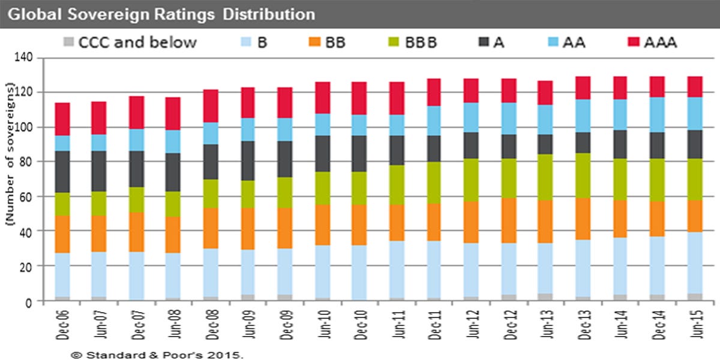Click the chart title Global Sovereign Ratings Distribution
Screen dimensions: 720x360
tap(161, 14)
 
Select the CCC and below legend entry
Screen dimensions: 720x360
tap(130, 42)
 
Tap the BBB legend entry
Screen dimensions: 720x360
tap(413, 42)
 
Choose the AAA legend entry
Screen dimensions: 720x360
tap(653, 42)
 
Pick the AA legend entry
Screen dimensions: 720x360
tap(566, 42)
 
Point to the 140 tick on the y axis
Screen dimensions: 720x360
tap(23, 58)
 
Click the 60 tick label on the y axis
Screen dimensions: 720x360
tap(26, 197)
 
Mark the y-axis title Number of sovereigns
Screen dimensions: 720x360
tap(10, 154)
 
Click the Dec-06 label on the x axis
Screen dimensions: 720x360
tap(62, 325)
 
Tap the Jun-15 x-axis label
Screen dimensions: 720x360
tap(696, 324)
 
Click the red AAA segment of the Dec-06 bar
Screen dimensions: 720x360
tap(62, 119)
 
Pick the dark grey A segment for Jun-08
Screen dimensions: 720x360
tap(173, 172)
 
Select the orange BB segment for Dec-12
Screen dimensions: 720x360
tap(509, 221)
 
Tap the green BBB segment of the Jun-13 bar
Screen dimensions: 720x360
tap(545, 178)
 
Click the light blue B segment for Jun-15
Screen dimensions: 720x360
tap(695, 263)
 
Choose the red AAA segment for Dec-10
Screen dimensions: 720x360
tap(359, 98)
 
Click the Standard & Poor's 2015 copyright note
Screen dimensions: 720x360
tap(157, 355)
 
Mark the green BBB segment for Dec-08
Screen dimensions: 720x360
tap(211, 194)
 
